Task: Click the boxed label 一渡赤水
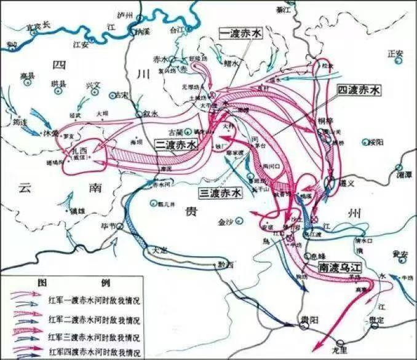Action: point(240,34)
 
